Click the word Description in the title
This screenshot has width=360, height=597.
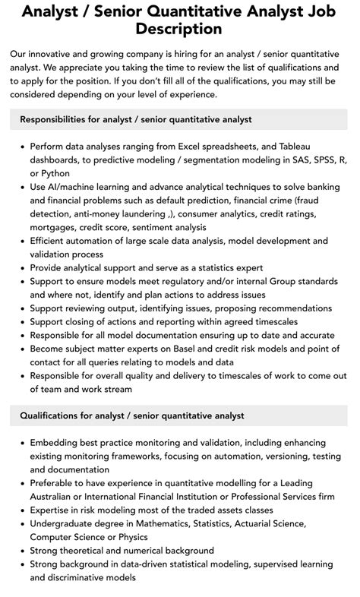point(179,29)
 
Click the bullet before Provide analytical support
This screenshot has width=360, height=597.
point(21,268)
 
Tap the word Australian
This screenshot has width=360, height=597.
point(55,497)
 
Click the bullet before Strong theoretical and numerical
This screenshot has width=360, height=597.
point(21,551)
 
